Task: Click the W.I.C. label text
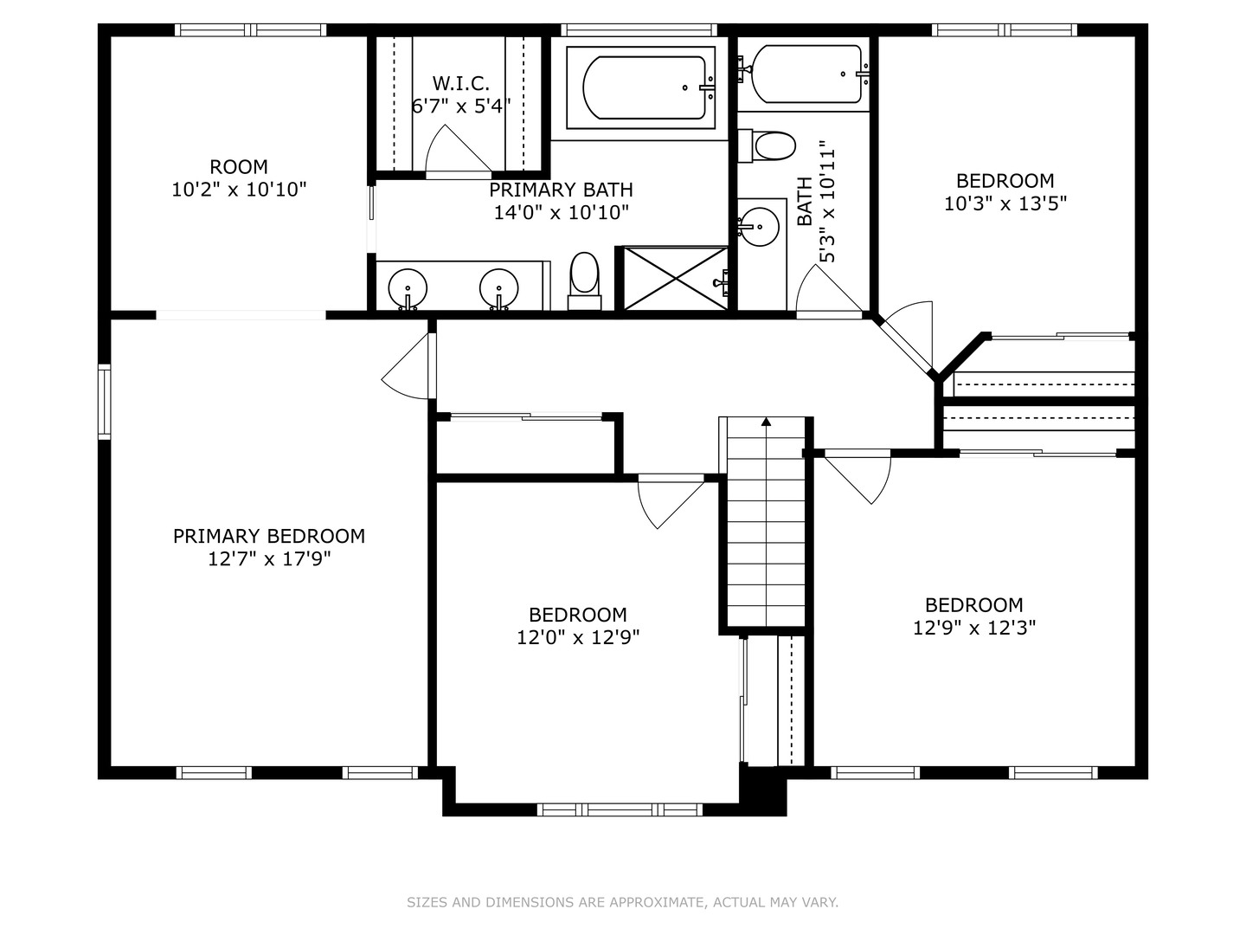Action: pos(460,84)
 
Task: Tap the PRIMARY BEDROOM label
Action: pos(269,536)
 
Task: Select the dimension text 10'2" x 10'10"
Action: pos(239,190)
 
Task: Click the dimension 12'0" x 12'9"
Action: pos(578,638)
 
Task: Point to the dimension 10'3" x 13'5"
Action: pos(1005,203)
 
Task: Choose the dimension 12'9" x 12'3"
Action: pos(974,628)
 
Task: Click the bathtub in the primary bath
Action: pos(641,87)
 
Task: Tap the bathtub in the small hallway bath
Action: pos(806,74)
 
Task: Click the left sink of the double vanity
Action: pos(407,287)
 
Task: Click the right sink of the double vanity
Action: pos(499,287)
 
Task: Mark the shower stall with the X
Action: pos(676,278)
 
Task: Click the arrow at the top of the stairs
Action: pos(766,422)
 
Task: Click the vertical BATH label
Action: pos(804,201)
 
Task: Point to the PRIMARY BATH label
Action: pos(561,190)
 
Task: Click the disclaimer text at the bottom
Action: pos(622,902)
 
